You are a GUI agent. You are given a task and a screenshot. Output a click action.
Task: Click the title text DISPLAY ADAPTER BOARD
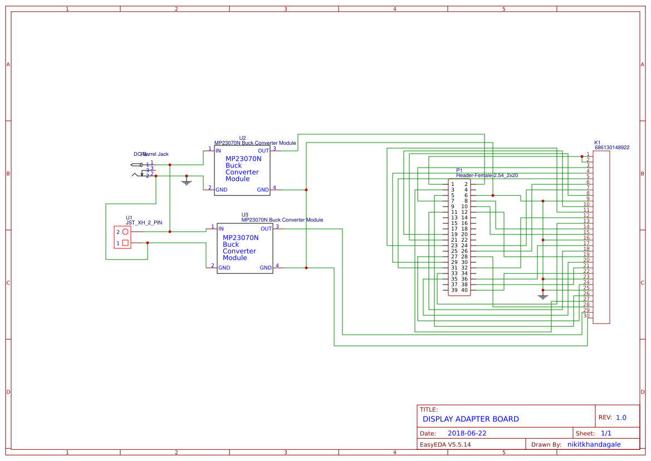(470, 419)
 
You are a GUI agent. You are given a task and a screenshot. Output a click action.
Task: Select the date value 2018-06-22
(467, 433)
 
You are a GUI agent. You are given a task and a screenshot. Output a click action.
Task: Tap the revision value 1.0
(621, 418)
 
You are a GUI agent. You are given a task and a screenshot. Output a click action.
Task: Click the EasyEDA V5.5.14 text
(445, 444)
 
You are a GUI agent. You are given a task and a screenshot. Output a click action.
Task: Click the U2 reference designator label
(242, 138)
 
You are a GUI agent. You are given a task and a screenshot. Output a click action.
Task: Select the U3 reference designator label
(244, 214)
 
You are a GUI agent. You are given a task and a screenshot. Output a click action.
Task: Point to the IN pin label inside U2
(218, 151)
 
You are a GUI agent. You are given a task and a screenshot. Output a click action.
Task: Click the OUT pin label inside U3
(266, 229)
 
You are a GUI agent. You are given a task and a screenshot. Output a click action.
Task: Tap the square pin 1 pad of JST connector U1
(125, 243)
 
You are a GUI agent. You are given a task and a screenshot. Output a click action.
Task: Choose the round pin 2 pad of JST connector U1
(125, 232)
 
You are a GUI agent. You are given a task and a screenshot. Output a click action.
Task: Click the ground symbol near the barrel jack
(187, 182)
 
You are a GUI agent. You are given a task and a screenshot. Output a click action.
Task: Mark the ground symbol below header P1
(543, 296)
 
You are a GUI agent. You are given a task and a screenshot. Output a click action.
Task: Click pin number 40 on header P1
(464, 290)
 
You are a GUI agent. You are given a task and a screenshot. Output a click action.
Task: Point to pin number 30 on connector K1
(586, 316)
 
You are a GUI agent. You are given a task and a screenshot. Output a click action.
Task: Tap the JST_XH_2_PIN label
(144, 223)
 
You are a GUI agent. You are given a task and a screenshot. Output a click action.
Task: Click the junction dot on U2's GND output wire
(306, 190)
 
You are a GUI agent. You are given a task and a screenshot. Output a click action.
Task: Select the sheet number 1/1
(606, 433)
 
